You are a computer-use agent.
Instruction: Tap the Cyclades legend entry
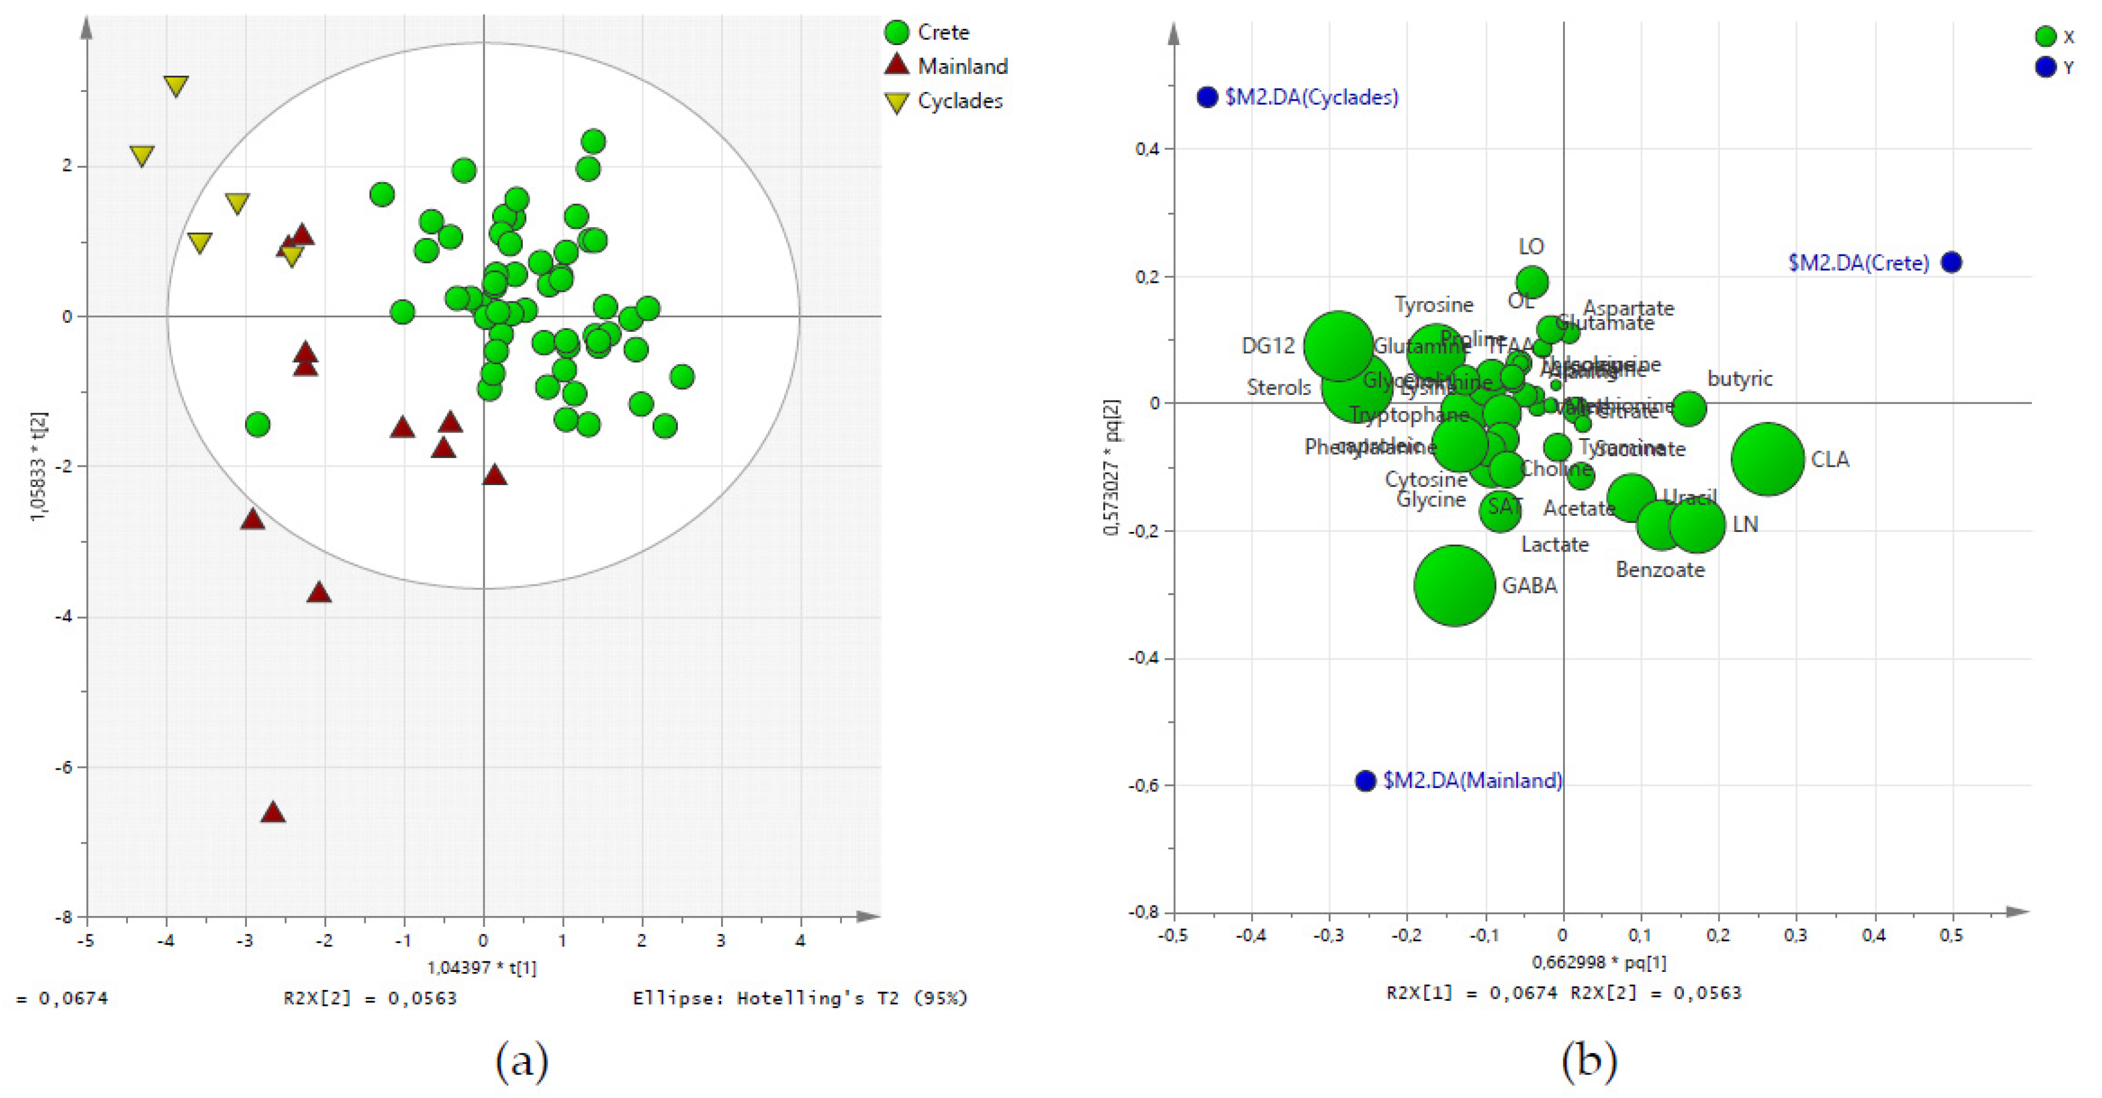(x=959, y=101)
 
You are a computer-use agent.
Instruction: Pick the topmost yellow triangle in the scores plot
(x=175, y=85)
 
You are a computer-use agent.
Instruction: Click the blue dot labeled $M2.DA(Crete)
(x=1950, y=262)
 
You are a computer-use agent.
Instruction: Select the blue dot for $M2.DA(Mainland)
(x=1365, y=781)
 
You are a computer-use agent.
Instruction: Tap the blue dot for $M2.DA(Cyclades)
(x=1207, y=97)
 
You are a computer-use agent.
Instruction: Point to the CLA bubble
(x=1767, y=459)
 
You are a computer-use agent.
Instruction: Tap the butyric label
(x=1739, y=379)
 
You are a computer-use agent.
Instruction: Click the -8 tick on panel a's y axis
(x=64, y=917)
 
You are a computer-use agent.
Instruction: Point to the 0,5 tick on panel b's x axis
(x=1950, y=935)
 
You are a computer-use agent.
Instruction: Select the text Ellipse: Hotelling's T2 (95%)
(x=800, y=997)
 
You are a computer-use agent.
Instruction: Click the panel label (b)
(x=1588, y=1060)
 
